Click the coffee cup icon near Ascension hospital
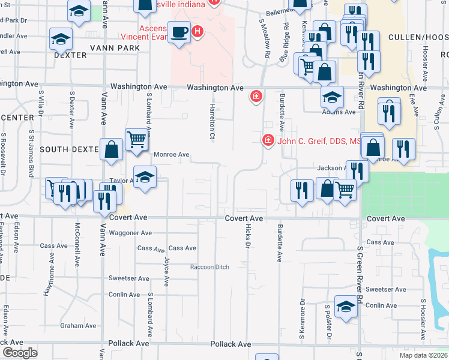[178, 31]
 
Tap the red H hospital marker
[197, 31]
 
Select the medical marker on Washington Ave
[256, 96]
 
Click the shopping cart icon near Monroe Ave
[137, 140]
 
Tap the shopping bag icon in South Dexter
[112, 149]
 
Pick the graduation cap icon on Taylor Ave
[145, 177]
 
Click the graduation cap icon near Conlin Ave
[346, 308]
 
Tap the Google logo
[20, 353]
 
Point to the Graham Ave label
[78, 326]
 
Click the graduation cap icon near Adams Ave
[332, 96]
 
